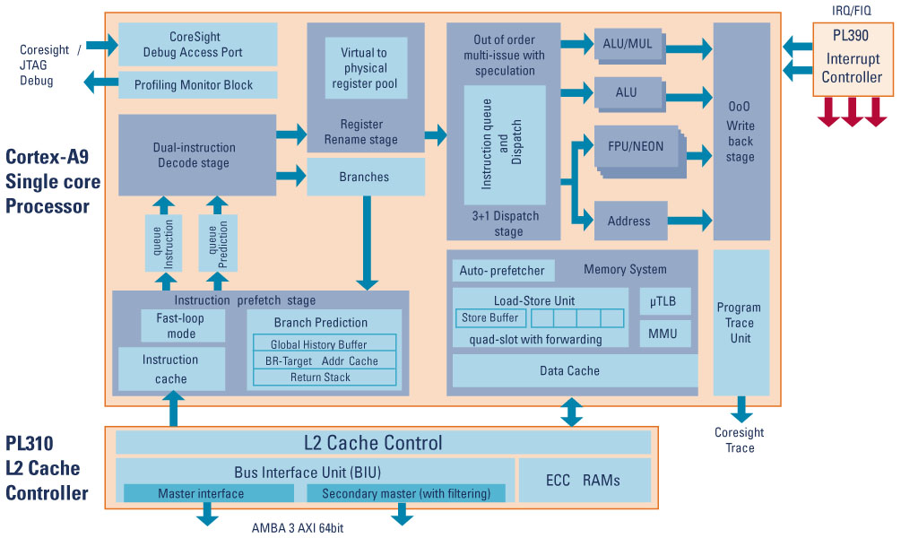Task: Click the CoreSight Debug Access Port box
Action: (197, 44)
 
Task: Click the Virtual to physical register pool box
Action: (366, 68)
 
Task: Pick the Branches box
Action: (365, 177)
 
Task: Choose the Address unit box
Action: (630, 221)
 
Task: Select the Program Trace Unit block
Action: (741, 323)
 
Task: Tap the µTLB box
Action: (664, 302)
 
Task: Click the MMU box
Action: (664, 334)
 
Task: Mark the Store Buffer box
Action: (489, 317)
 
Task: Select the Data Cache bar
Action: (570, 370)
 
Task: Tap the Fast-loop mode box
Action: (182, 325)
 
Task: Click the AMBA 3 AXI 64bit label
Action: (297, 527)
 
